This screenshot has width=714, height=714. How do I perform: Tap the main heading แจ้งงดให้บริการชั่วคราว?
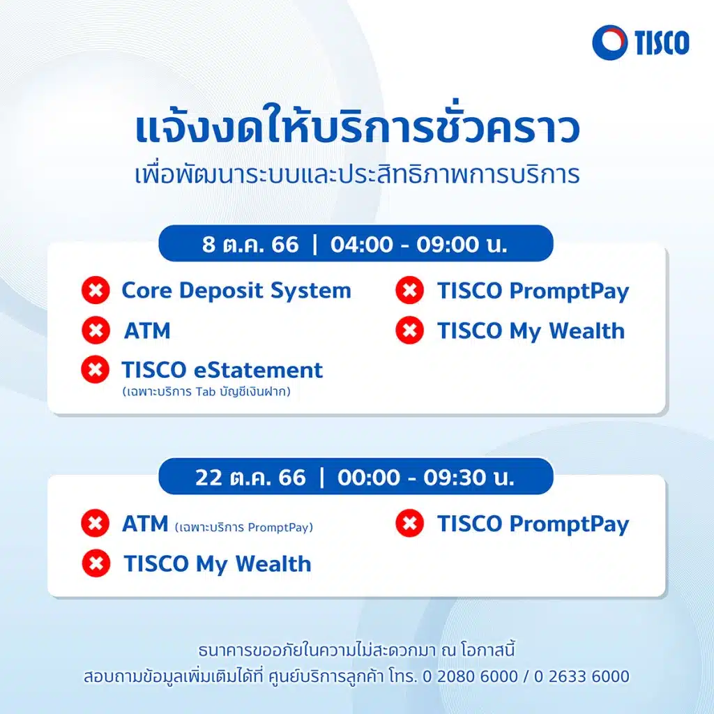click(356, 130)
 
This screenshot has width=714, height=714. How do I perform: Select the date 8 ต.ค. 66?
click(250, 245)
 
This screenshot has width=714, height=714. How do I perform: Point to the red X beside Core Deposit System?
click(96, 291)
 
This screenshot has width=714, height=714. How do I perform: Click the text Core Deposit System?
click(236, 291)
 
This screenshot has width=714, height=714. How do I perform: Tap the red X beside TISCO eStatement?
click(96, 370)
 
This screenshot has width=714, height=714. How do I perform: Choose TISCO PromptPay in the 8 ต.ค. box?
click(533, 291)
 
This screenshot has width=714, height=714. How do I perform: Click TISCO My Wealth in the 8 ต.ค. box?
click(531, 331)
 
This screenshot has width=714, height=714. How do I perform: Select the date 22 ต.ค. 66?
click(250, 478)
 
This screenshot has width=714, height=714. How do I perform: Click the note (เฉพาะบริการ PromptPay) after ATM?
click(243, 527)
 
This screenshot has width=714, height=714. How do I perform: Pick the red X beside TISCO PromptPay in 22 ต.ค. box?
click(410, 524)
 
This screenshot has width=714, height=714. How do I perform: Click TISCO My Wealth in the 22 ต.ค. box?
click(217, 563)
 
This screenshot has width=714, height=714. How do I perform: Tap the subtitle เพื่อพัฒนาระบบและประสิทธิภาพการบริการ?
click(356, 174)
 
